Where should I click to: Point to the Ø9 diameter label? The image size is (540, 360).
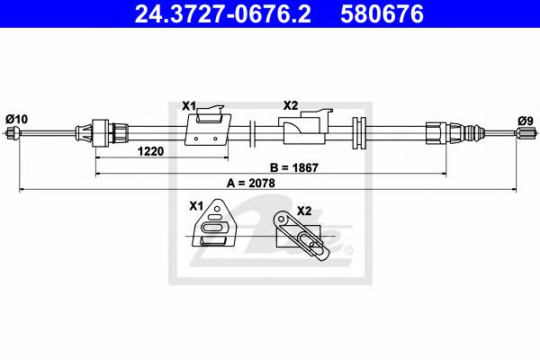coord(525,119)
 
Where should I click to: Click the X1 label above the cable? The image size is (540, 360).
coord(189,106)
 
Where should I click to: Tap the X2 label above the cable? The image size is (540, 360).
coord(291,106)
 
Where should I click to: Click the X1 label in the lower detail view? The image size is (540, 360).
coord(195,206)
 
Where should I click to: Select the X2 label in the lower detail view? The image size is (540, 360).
coord(303,211)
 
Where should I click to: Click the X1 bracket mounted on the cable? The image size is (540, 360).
coord(206,128)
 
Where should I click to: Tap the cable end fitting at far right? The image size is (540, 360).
coord(522,135)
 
